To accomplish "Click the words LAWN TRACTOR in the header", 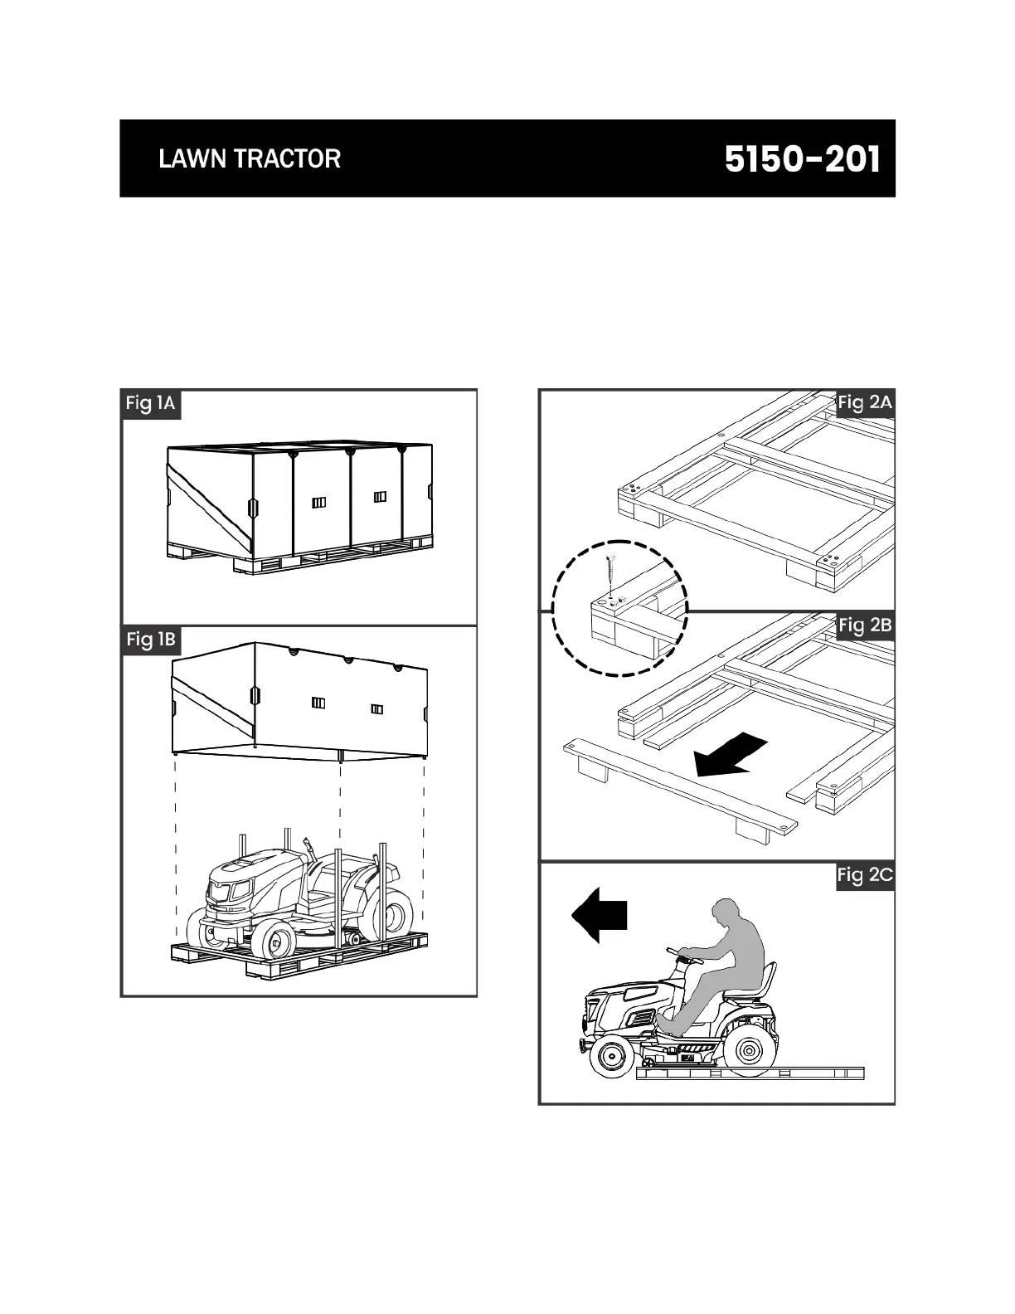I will pyautogui.click(x=250, y=158).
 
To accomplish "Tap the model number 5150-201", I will pyautogui.click(x=802, y=159).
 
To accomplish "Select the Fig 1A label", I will pyautogui.click(x=150, y=404).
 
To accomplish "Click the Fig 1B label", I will pyautogui.click(x=151, y=640).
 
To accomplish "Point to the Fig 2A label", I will pyautogui.click(x=865, y=403).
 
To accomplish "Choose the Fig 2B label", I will pyautogui.click(x=865, y=625).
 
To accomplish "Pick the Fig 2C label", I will pyautogui.click(x=865, y=875).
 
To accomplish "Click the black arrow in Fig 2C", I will pyautogui.click(x=599, y=915).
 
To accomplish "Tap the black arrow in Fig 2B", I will pyautogui.click(x=730, y=754).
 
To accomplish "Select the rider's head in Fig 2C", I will pyautogui.click(x=728, y=913).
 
